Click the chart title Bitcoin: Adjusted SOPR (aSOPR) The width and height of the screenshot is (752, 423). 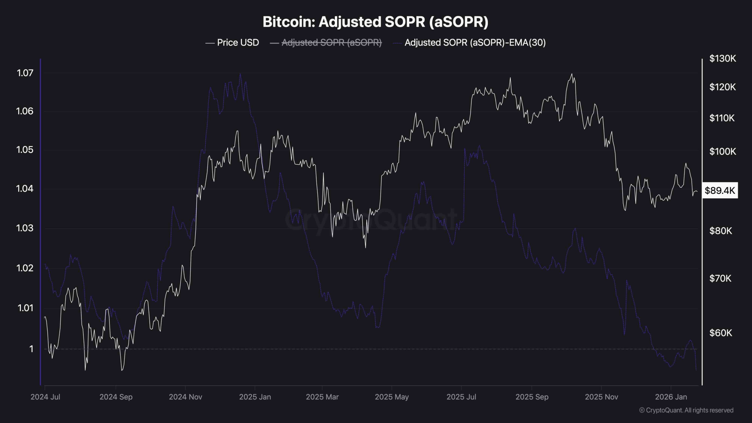point(375,22)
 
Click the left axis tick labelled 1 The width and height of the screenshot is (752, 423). point(31,349)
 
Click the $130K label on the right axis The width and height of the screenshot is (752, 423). point(723,58)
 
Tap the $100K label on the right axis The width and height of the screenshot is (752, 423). point(723,152)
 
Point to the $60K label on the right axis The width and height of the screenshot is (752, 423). point(721,333)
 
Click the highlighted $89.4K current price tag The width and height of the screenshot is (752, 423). point(720,191)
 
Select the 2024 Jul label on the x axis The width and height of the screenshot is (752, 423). point(45,397)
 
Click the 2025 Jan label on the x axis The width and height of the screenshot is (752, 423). point(255,397)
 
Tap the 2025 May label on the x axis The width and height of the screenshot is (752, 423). point(392,397)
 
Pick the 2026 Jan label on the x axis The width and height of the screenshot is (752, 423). point(671,397)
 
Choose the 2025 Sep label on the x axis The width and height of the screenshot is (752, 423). point(532,397)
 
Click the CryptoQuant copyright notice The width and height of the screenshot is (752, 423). point(686,410)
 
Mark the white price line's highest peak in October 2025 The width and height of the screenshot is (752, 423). point(572,74)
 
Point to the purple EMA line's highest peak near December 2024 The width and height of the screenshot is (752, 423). point(240,74)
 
